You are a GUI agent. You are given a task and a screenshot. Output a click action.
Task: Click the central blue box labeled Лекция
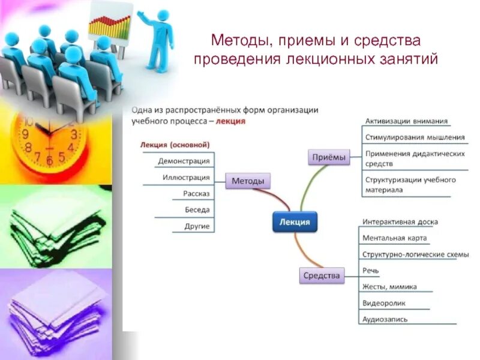pos(295,222)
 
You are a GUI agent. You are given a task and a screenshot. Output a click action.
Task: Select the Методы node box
pos(248,181)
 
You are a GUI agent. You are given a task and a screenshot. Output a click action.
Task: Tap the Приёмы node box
pos(328,157)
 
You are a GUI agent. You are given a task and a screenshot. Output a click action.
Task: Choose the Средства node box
pos(321,276)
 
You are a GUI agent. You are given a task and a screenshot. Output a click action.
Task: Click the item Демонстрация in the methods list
pos(184,161)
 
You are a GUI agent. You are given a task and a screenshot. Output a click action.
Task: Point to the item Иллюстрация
pos(185,178)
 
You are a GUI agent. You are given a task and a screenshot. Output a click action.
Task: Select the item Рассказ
pos(196,194)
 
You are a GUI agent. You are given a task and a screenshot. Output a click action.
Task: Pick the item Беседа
pos(197,210)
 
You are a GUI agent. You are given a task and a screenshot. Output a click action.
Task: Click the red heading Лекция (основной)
pos(175,145)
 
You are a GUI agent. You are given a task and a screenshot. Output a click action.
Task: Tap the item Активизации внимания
pos(406,121)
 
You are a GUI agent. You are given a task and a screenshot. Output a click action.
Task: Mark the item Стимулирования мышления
pos(415,137)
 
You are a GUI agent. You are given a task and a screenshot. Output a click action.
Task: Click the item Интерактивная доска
pos(400,221)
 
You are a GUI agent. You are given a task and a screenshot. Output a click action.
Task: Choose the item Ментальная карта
pos(394,238)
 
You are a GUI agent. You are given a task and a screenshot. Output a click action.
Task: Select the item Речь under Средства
pos(370,271)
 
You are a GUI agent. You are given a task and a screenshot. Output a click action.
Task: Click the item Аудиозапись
pos(385,319)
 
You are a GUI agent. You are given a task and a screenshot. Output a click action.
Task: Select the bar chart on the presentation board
pos(110,26)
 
